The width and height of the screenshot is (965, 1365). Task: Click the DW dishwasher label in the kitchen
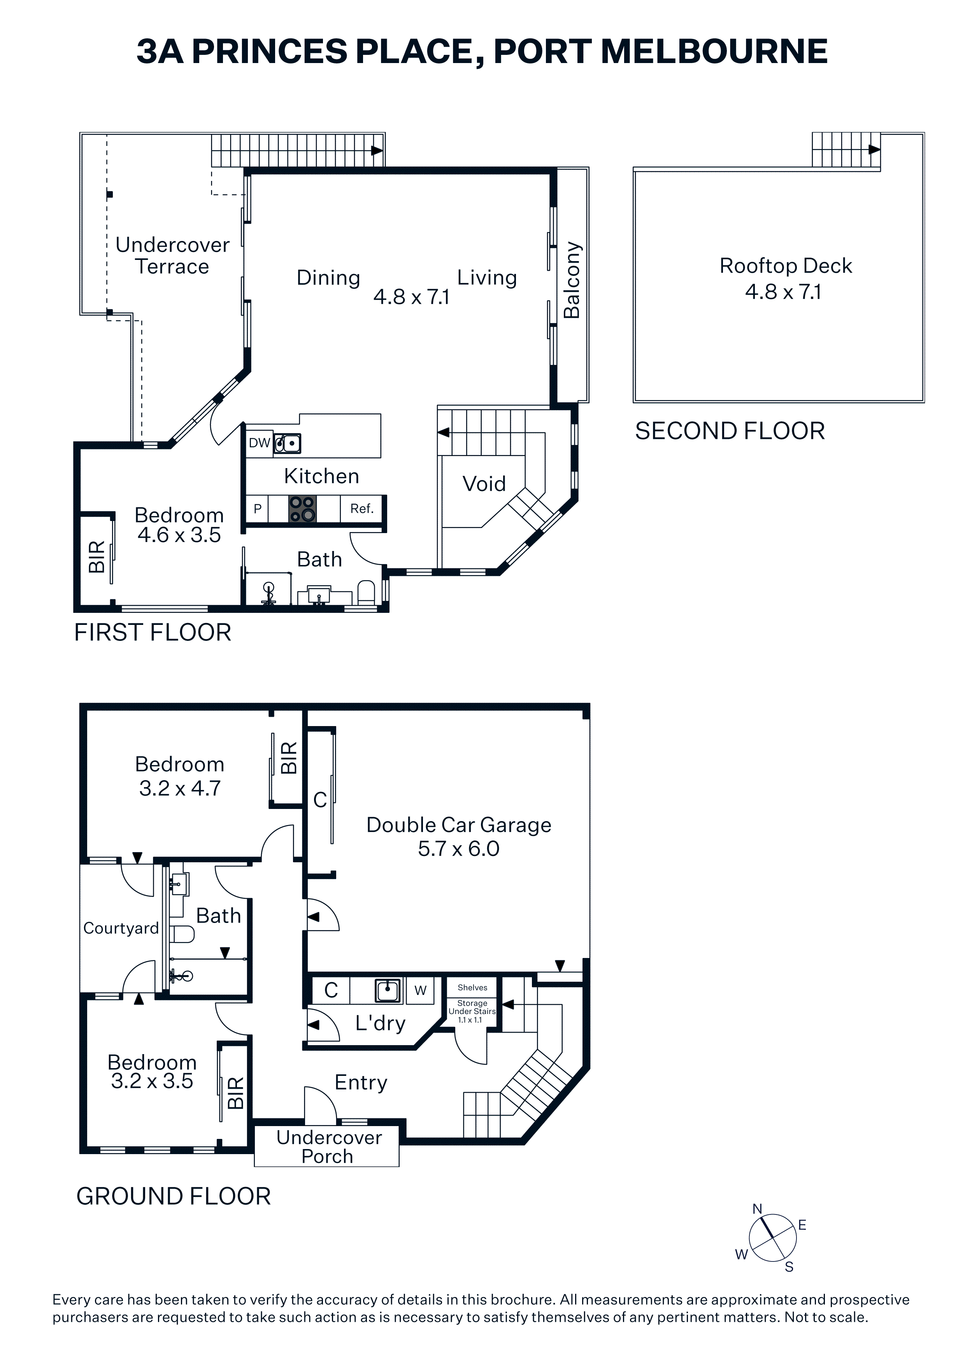coord(259,443)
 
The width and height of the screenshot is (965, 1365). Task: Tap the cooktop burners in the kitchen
coord(302,509)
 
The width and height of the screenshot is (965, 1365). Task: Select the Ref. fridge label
coord(361,509)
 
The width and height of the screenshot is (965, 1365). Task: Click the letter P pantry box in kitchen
coord(258,509)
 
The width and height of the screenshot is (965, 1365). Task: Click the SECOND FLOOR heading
coord(730,431)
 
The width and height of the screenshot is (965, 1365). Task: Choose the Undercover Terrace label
coord(172,256)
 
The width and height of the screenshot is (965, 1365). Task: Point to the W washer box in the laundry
coord(420,990)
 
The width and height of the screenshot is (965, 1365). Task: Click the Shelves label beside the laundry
coord(473,988)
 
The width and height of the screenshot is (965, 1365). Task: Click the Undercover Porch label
coord(329,1147)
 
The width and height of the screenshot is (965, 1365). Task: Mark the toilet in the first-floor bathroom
coord(366,593)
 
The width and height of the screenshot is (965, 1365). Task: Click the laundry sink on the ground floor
coord(388,990)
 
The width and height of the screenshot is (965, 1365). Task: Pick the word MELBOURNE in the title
coord(714,52)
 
